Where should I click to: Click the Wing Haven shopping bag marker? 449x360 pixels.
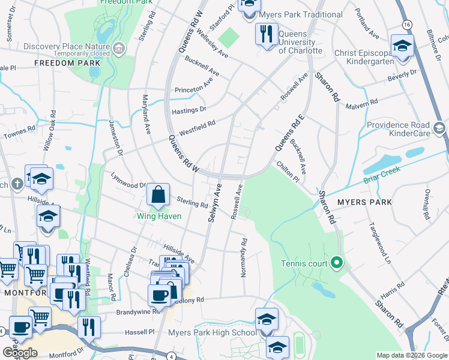[x=157, y=195]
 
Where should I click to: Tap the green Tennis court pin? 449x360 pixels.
[x=337, y=263]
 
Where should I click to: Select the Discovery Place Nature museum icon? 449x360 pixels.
[x=119, y=47]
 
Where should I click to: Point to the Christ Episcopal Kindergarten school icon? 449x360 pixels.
[x=402, y=47]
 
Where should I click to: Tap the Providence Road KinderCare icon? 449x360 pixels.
[x=439, y=128]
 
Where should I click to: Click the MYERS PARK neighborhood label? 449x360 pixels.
[x=365, y=202]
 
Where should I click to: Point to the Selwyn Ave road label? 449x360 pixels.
[x=215, y=203]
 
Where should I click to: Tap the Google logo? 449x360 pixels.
[x=20, y=352]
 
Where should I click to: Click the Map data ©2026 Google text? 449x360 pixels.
[x=411, y=355]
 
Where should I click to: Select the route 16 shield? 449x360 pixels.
[x=408, y=23]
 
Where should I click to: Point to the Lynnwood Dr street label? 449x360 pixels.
[x=128, y=181]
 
